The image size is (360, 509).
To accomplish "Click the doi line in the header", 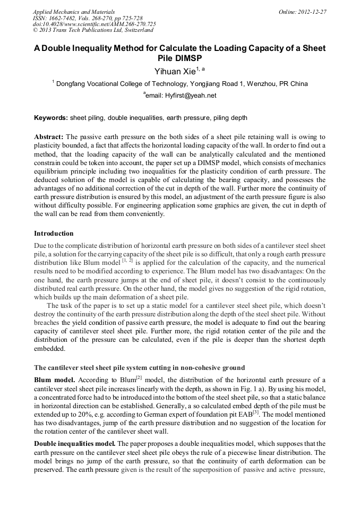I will [x=94, y=24].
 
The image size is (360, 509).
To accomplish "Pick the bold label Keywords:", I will [x=50, y=117].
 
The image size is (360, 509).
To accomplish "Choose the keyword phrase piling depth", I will [x=230, y=117].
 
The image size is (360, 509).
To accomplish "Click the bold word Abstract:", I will [x=49, y=136].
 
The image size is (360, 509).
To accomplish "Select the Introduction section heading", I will [x=54, y=233].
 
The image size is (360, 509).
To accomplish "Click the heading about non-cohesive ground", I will [x=139, y=367].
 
